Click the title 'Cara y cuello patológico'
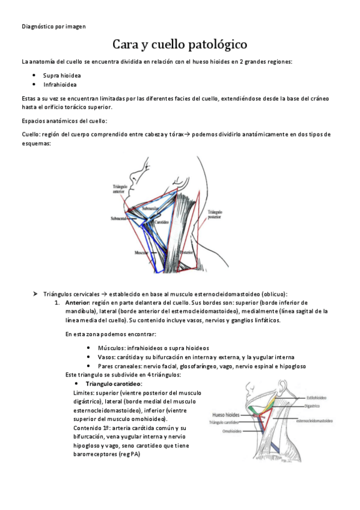180,45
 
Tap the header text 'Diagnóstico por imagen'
54,26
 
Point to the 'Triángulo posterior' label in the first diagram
215,215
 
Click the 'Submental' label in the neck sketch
118,219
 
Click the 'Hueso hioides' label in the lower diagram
226,414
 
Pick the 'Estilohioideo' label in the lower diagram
317,397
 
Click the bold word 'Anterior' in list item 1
77,303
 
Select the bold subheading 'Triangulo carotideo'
114,383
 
